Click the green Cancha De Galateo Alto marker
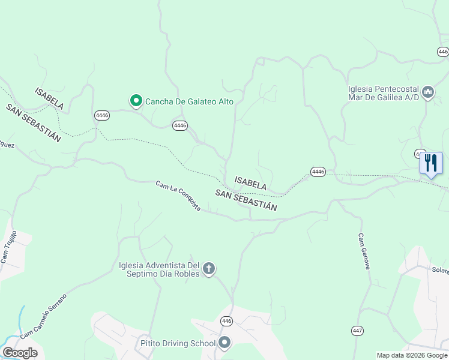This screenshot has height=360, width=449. coord(136,101)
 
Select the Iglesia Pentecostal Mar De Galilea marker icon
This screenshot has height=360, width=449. coord(428,92)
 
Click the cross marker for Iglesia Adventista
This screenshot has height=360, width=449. coord(209,268)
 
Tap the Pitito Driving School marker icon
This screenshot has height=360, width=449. coord(224,343)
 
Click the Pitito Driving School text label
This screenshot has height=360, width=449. coord(178,344)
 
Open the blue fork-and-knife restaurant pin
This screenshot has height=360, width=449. coord(431,163)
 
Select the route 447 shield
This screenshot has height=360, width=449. coord(358,331)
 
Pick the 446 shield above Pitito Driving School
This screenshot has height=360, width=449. coord(226,322)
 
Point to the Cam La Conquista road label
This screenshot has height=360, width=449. coord(178,196)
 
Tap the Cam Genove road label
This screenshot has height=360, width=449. coord(364,251)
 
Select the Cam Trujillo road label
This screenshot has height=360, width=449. coord(8,247)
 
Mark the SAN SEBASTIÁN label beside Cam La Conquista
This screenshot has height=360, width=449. coord(246,200)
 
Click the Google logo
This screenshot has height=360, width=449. coord(20,353)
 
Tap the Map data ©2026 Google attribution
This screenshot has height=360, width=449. coord(412,355)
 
